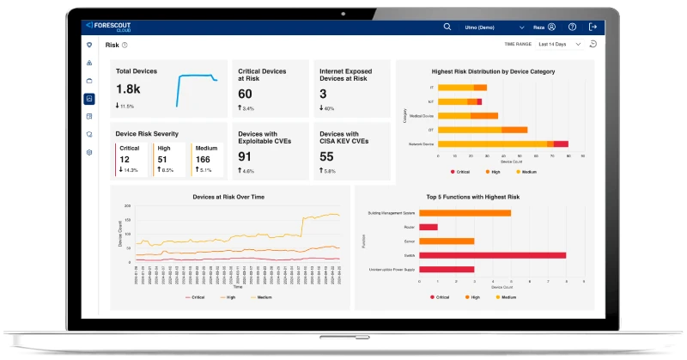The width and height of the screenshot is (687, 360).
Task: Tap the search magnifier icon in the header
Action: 447,27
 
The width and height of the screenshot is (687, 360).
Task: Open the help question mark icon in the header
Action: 573,27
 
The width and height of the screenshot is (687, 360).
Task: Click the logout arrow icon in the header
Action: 593,27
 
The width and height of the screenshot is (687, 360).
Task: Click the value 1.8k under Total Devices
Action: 128,89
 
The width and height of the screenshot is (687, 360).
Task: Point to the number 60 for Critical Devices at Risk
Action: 246,94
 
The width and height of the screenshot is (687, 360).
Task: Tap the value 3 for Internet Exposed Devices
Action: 323,94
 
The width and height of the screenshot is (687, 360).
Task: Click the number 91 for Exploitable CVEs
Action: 246,156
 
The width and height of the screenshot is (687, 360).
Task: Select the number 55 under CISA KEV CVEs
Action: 326,156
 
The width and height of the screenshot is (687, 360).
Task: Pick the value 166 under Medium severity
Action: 203,159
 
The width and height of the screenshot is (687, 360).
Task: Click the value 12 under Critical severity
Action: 125,159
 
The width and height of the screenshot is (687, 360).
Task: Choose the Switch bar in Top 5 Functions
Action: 492,255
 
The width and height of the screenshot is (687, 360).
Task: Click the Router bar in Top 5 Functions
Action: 428,227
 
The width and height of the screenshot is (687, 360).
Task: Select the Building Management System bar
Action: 464,213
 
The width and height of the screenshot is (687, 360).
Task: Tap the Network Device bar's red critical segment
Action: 561,143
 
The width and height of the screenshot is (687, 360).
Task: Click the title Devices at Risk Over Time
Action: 230,197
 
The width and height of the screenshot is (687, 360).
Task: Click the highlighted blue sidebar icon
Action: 89,99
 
